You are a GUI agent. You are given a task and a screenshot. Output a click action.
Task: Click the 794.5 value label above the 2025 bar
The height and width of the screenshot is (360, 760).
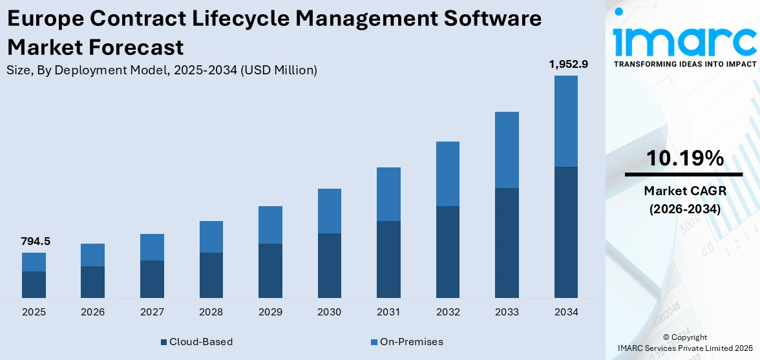36,242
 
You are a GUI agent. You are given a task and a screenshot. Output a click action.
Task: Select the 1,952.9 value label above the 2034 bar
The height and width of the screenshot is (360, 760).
565,64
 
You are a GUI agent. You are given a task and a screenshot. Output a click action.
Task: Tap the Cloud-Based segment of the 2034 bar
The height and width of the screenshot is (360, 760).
566,232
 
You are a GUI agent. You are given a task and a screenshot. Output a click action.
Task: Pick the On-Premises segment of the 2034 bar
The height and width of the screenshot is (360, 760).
566,121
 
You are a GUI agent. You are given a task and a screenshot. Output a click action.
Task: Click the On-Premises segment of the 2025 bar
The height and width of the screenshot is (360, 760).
34,262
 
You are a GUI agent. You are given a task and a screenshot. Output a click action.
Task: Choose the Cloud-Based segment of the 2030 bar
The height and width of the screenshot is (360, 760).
330,265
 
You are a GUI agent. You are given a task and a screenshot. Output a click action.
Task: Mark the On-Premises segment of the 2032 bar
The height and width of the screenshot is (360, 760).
448,174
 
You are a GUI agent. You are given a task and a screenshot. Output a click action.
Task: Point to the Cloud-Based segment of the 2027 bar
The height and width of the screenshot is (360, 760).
153,279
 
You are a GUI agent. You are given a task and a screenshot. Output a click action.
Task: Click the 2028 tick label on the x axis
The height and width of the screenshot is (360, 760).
211,312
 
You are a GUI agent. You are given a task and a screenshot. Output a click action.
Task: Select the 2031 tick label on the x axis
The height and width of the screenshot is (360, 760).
388,312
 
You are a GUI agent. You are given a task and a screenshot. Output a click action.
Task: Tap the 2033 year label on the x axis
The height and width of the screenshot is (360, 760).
507,312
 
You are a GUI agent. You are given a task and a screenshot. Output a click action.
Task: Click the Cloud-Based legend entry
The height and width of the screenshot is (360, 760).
196,342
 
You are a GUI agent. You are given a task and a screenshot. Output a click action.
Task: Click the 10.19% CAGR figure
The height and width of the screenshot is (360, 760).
684,158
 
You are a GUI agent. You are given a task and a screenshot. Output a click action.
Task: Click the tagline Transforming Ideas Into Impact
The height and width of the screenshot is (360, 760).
684,64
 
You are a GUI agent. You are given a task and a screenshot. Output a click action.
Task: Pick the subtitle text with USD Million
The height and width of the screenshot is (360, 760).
162,70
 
